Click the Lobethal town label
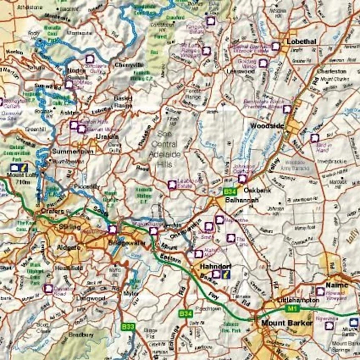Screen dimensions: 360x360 301,41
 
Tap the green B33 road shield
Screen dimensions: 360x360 128,327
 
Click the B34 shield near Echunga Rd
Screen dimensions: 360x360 186,314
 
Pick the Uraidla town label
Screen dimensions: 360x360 107,136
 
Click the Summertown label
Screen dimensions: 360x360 73,152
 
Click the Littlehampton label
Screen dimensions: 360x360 298,300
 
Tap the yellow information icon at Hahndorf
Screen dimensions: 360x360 226,275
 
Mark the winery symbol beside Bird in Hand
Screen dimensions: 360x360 315,138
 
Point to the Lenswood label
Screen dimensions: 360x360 240,71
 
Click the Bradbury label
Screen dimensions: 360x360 81,335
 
